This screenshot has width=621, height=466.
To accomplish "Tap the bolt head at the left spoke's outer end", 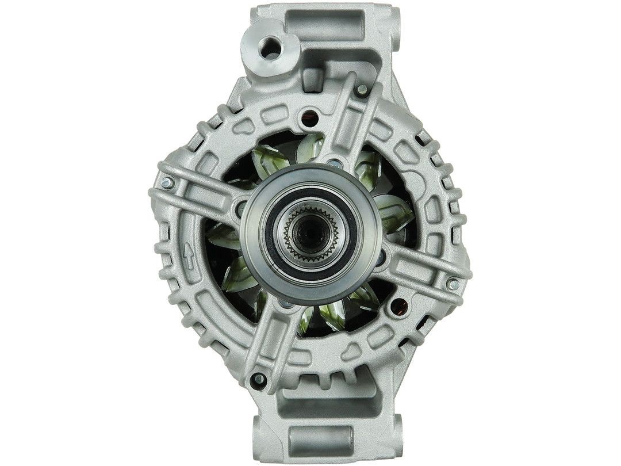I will [x=166, y=182].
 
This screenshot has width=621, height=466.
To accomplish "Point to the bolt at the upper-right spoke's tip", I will [x=362, y=90].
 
